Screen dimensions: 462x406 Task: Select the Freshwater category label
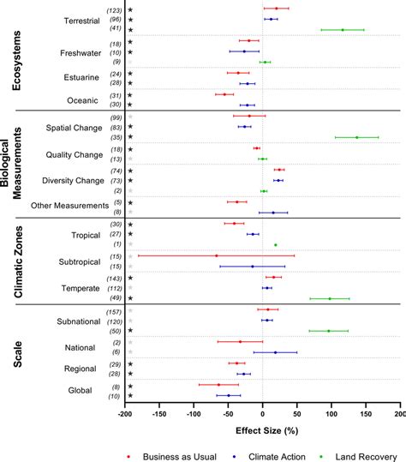pyautogui.click(x=82, y=52)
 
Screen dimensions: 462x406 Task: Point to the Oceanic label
pyautogui.click(x=87, y=99)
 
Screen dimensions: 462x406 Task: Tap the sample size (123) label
pyautogui.click(x=113, y=9)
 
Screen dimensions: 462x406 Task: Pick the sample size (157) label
pyautogui.click(x=113, y=310)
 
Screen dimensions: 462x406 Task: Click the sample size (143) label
pyautogui.click(x=113, y=278)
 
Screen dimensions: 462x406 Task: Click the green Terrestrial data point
pyautogui.click(x=343, y=29)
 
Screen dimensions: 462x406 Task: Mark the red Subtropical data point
pyautogui.click(x=217, y=255)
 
